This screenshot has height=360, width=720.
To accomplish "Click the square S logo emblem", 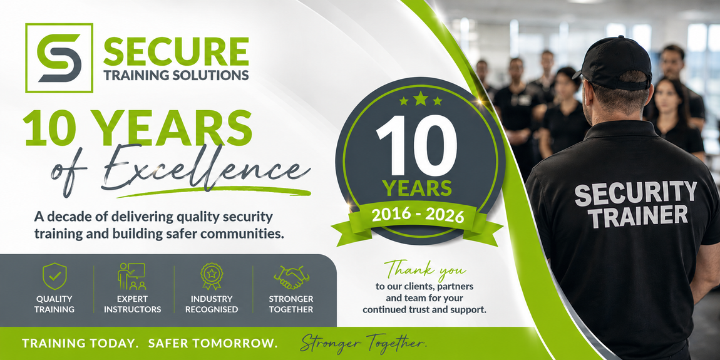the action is [59, 58].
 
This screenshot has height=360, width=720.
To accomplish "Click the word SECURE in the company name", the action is [177, 51].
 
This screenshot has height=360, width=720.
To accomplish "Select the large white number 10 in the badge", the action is [416, 146].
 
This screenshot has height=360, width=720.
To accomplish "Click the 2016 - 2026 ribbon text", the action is [418, 215].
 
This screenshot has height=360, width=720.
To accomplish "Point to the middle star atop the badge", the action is [420, 98].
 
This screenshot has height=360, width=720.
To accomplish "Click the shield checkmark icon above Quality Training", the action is [54, 277].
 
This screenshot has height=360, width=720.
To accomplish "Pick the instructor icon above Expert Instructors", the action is [131, 277].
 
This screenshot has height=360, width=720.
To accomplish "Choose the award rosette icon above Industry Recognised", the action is [212, 277].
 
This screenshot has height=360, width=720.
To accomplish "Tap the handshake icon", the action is [291, 277].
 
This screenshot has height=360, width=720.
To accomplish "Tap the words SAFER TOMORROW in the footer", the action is [213, 343].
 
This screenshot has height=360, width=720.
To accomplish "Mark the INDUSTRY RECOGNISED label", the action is [212, 304].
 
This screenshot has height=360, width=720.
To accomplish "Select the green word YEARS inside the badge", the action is [418, 188].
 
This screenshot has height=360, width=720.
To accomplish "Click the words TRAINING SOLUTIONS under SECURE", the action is [177, 75].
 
